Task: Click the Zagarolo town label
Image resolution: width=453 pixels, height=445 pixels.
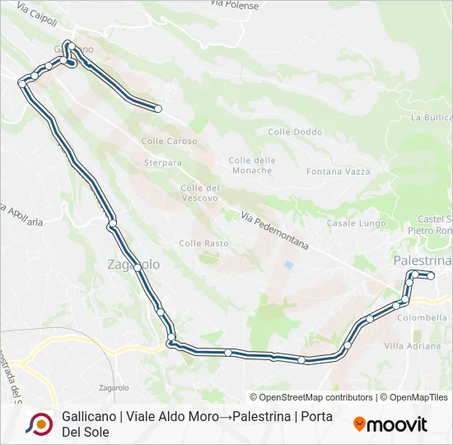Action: click(133, 265)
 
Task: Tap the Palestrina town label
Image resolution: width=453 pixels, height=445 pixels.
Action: click(423, 260)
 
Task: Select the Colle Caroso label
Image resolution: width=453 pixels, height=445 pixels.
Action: click(169, 141)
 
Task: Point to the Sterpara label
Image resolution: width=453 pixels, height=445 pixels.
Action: click(162, 163)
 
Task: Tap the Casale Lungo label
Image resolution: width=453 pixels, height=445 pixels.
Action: click(356, 223)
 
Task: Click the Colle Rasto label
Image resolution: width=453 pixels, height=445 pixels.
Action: click(203, 243)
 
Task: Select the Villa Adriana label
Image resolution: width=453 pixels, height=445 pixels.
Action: click(413, 345)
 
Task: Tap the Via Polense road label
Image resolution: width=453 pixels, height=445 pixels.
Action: click(234, 6)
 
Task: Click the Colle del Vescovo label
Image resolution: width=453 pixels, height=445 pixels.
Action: click(199, 193)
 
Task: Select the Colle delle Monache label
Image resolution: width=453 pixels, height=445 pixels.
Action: click(251, 165)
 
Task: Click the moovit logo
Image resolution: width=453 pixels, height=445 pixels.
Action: click(390, 424)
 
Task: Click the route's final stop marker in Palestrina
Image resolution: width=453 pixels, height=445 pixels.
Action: click(430, 276)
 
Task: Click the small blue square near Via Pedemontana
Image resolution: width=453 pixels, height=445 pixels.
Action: click(287, 265)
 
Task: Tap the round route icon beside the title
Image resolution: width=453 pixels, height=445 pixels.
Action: click(39, 424)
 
